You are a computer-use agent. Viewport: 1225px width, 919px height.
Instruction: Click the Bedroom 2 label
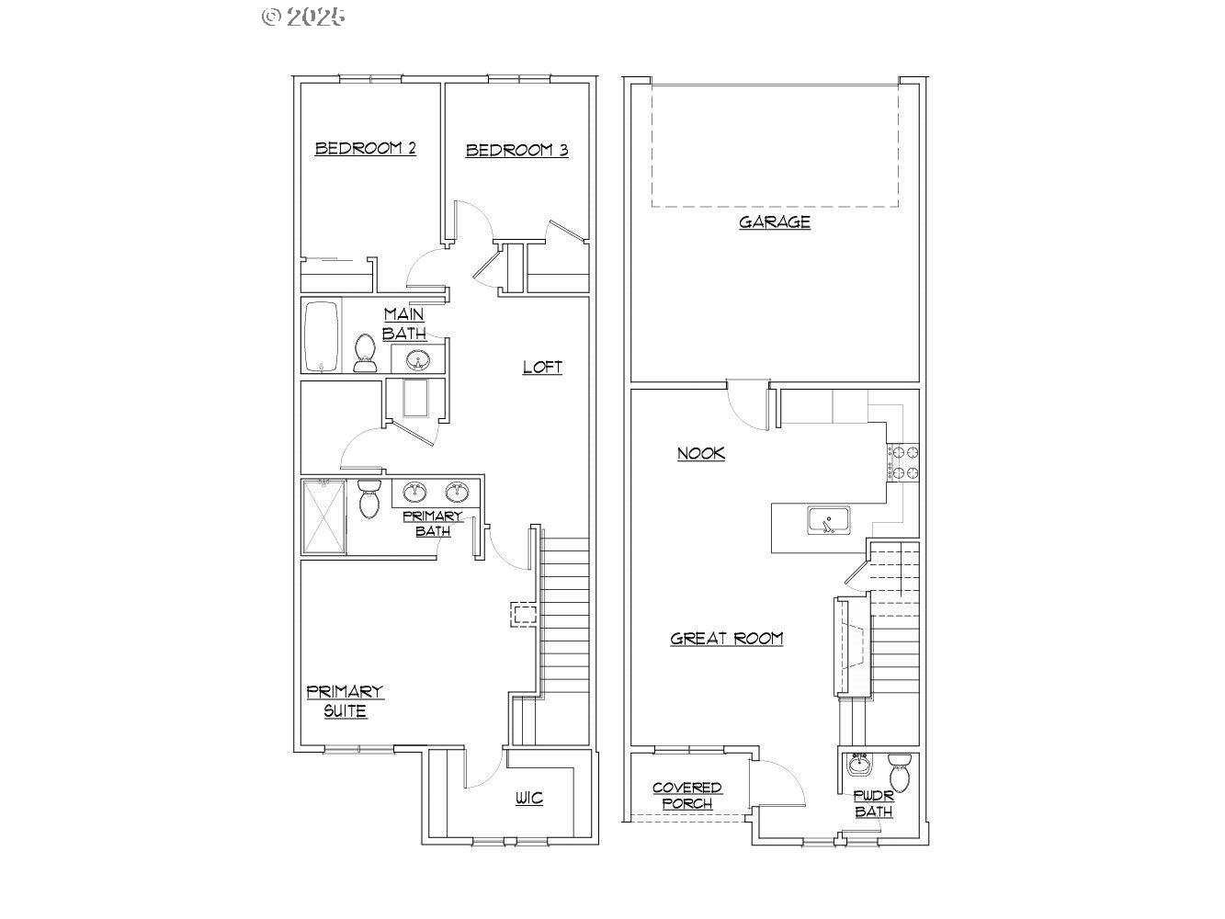tap(365, 148)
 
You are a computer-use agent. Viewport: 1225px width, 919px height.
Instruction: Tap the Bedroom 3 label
tap(516, 150)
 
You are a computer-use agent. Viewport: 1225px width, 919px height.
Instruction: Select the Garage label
tap(775, 221)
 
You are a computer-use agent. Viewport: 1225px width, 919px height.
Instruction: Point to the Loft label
tap(542, 367)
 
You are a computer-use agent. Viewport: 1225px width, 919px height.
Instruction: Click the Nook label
tap(701, 453)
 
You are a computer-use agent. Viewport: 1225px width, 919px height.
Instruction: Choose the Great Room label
tap(726, 638)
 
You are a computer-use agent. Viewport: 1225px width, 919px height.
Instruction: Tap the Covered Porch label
tap(686, 796)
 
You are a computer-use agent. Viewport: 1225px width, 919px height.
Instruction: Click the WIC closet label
tap(529, 798)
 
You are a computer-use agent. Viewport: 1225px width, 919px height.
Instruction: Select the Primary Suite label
tap(345, 701)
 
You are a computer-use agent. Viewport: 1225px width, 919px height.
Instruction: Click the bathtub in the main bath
tap(322, 336)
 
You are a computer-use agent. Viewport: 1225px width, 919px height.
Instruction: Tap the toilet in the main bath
tap(365, 353)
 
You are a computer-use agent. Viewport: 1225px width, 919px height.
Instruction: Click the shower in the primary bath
tap(323, 516)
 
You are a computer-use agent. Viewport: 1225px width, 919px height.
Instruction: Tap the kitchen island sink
tap(829, 520)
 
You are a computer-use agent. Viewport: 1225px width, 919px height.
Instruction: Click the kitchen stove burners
tap(902, 462)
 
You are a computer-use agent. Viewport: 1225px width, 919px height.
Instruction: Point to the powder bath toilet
tap(901, 772)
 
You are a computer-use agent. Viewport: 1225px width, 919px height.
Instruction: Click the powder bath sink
tap(860, 765)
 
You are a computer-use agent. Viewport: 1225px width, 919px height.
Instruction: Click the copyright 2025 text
tap(303, 16)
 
